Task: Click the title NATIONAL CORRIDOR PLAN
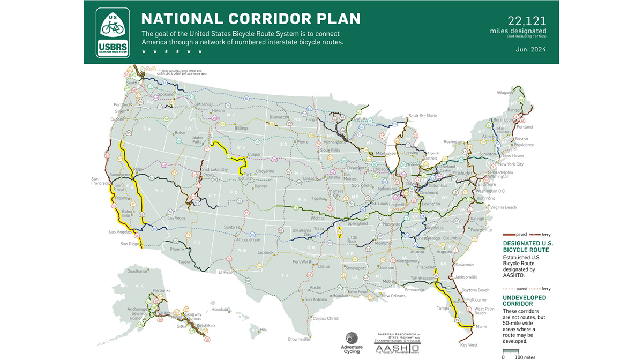[x=250, y=19]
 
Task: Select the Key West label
[x=469, y=345]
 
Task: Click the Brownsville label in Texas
[x=299, y=339]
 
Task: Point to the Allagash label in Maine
[x=504, y=92]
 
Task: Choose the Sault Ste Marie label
[x=423, y=115]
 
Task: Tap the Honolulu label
[x=220, y=309]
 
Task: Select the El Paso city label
[x=225, y=272]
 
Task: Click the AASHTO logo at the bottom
[x=397, y=343]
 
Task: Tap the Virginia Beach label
[x=503, y=207]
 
